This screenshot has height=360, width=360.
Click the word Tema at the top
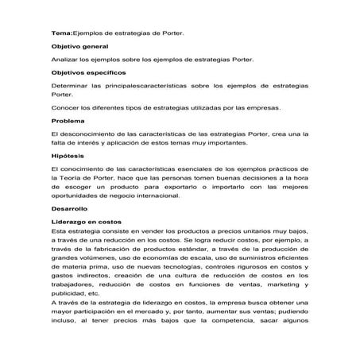point(60,34)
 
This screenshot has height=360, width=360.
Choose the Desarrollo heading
point(69,207)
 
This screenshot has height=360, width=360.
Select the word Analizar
point(65,60)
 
